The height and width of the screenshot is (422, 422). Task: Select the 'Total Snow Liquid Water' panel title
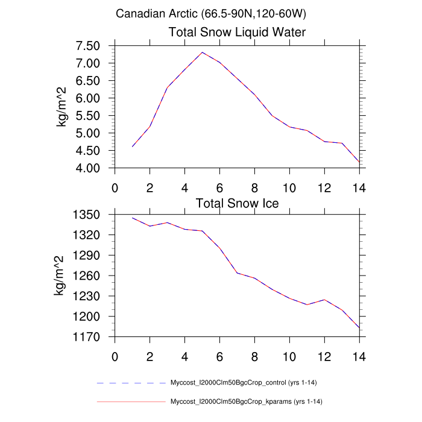237,32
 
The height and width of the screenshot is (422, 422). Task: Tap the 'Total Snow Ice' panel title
237,203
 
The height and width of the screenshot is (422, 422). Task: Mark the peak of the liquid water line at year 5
202,52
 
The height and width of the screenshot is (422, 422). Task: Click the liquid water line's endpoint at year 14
359,162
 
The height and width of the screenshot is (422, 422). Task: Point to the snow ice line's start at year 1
132,218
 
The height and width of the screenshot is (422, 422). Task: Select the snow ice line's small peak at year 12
324,300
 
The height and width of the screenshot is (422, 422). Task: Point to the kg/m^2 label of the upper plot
61,107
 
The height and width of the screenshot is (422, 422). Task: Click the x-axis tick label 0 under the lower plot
115,356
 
